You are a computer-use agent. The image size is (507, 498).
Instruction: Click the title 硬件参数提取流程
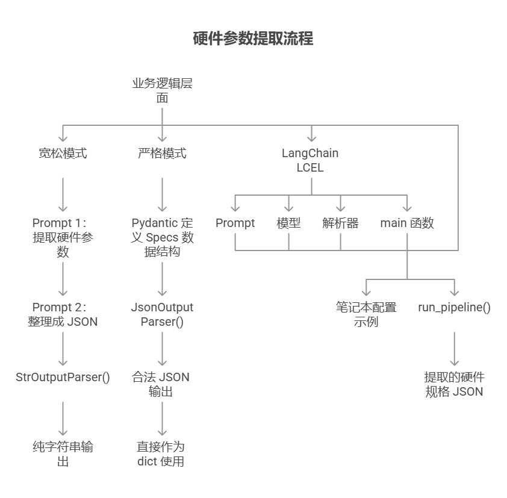(x=253, y=40)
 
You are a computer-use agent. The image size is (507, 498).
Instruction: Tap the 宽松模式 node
(x=63, y=154)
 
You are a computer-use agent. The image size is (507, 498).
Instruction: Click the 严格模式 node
(x=162, y=154)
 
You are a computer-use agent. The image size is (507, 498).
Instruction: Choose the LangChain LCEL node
(x=310, y=160)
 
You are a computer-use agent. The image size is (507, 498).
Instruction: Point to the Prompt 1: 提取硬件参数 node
(x=63, y=237)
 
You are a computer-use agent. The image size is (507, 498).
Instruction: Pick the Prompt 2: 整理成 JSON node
(x=63, y=314)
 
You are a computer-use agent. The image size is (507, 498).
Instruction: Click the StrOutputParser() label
(x=63, y=378)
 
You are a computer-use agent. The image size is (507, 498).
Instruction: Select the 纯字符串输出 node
(x=63, y=454)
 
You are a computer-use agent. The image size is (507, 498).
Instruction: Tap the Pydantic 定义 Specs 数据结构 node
(x=162, y=237)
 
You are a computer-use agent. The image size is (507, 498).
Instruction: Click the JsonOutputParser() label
(x=162, y=314)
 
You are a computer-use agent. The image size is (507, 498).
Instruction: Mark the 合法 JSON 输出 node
(x=161, y=384)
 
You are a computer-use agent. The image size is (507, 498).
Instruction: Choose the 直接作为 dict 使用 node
(x=161, y=454)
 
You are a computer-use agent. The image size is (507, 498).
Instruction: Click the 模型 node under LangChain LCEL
(x=288, y=223)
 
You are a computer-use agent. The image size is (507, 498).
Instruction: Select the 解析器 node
(x=340, y=223)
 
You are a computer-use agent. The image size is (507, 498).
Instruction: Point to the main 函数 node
(x=407, y=223)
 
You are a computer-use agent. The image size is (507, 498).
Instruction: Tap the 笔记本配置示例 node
(x=366, y=314)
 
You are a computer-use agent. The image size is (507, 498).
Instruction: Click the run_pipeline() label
(x=454, y=308)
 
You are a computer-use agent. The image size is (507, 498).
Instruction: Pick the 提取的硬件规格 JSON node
(x=454, y=384)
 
